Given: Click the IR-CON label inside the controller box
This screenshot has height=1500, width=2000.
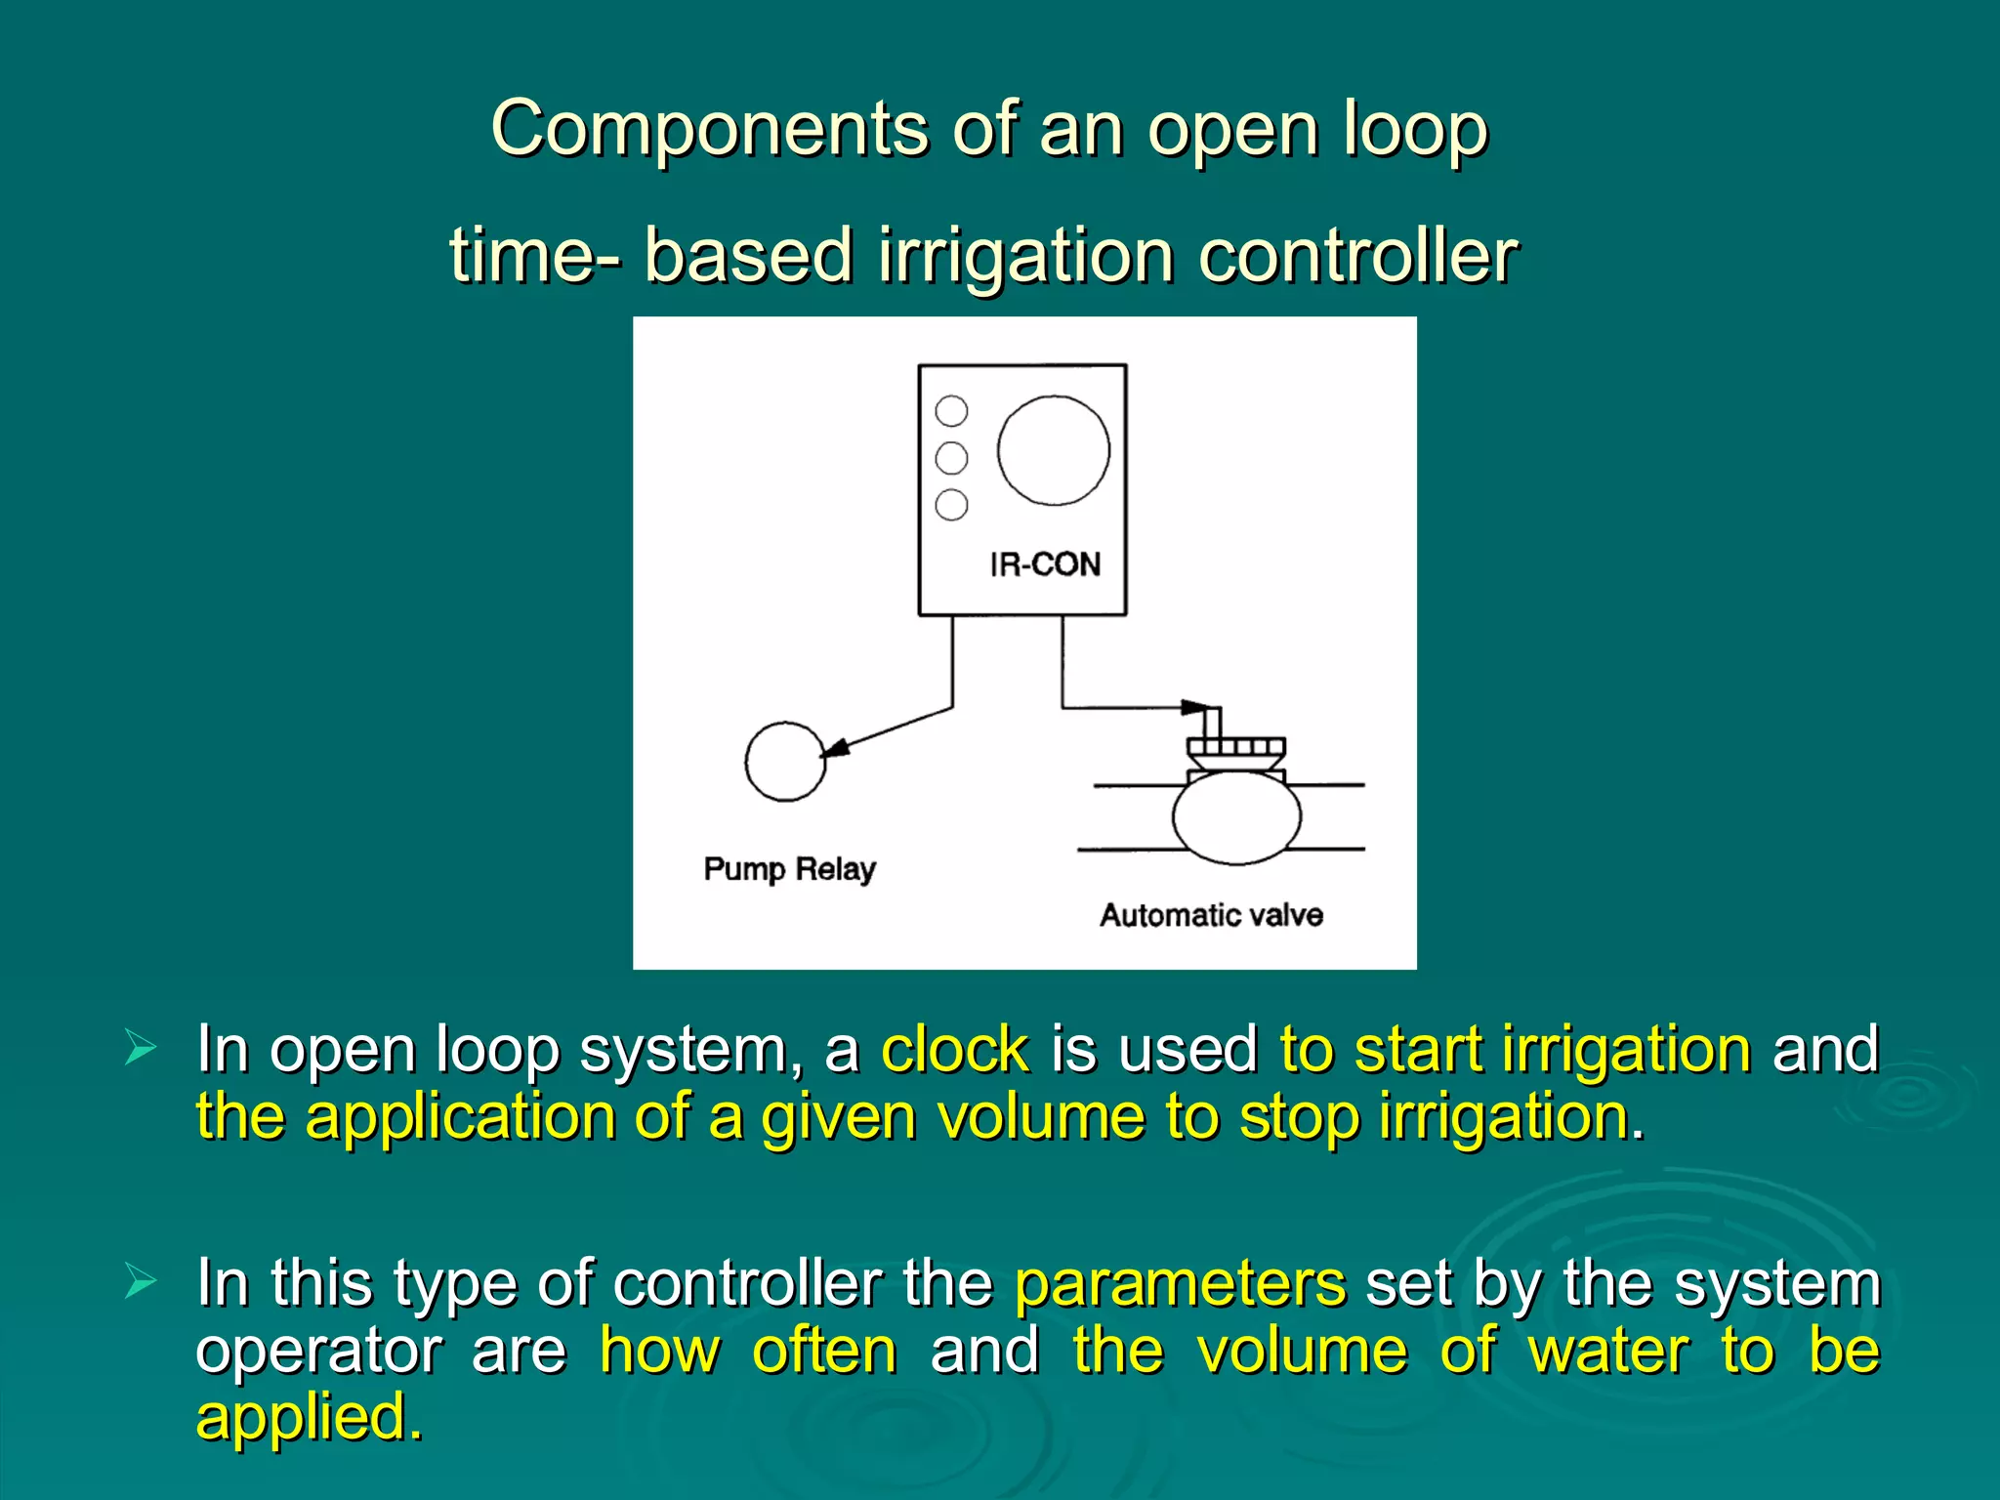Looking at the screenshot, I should [x=1044, y=564].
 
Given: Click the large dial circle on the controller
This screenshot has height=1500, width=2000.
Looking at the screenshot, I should [x=1053, y=450].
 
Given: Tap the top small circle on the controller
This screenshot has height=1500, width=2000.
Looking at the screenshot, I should [x=951, y=411].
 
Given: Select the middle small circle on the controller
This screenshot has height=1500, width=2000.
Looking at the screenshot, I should [x=951, y=458].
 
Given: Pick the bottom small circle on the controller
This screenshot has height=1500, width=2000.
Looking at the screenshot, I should [x=951, y=505].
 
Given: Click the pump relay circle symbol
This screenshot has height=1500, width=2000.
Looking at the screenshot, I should [x=784, y=762].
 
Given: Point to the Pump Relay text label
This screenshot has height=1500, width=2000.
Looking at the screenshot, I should [x=789, y=868].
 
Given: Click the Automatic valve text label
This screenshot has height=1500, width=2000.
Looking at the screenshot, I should [x=1211, y=915].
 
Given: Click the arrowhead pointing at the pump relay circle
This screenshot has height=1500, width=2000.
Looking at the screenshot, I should [x=835, y=748].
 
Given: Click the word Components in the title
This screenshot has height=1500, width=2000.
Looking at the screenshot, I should [x=709, y=128].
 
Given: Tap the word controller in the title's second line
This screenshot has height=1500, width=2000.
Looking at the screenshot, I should [x=1357, y=255].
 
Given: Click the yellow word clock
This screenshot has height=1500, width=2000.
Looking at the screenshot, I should [x=955, y=1050].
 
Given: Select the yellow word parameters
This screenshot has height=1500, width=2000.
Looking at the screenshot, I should [x=1181, y=1283].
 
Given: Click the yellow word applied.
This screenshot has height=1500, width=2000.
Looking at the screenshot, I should [x=309, y=1418].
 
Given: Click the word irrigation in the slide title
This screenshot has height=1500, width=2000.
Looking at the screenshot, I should [x=1025, y=255].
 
